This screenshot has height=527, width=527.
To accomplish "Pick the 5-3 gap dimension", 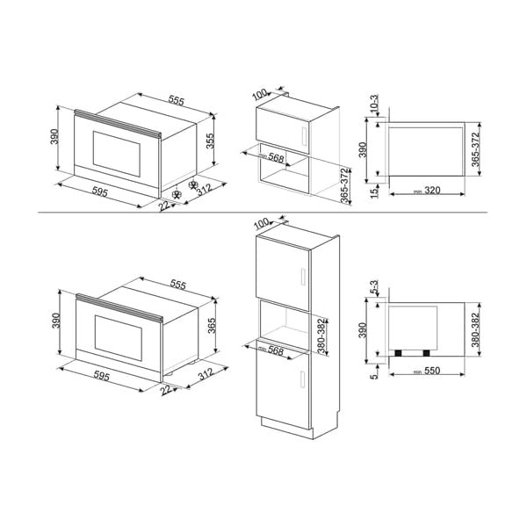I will (x=373, y=288).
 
